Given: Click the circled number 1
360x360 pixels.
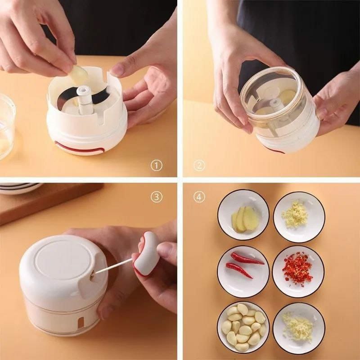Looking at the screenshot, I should pos(156,165).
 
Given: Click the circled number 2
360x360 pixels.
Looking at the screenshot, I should pos(199,165).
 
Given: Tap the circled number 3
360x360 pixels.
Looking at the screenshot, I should pos(156,197).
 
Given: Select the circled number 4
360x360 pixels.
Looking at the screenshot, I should pos(199,197).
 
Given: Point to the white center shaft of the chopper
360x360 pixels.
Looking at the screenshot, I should pos(83,102).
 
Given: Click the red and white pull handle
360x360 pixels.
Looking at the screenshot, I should pos(145,254).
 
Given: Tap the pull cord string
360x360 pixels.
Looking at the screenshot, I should pos(112,267).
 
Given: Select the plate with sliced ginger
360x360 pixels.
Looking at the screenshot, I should pos(243,215).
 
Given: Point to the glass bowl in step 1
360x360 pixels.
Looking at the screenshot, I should pos(6,126).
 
